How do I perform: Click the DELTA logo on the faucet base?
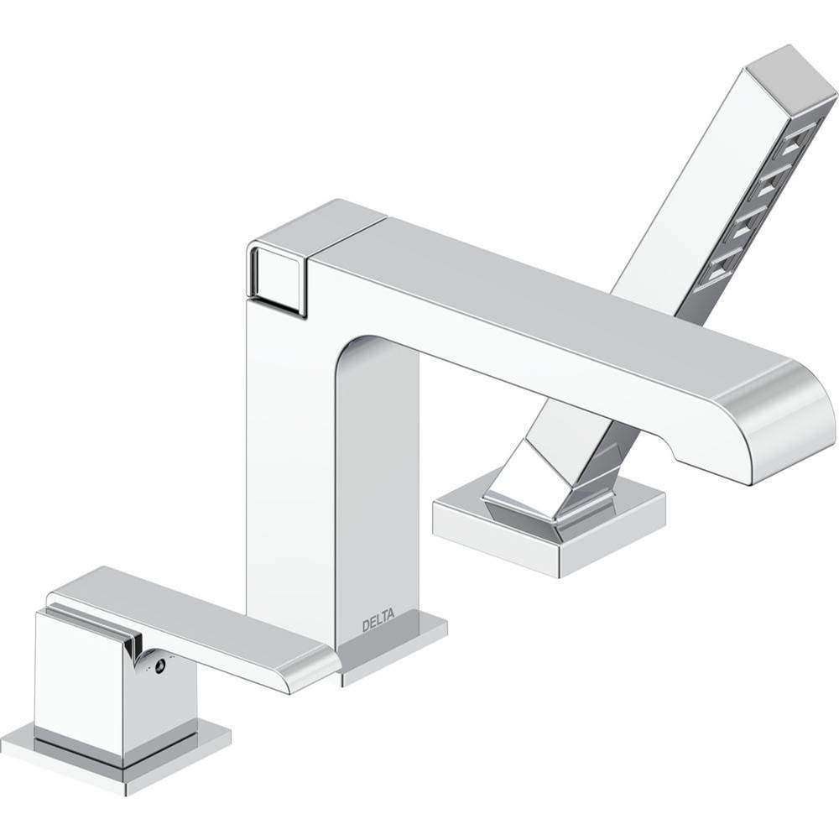coord(378,625)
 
